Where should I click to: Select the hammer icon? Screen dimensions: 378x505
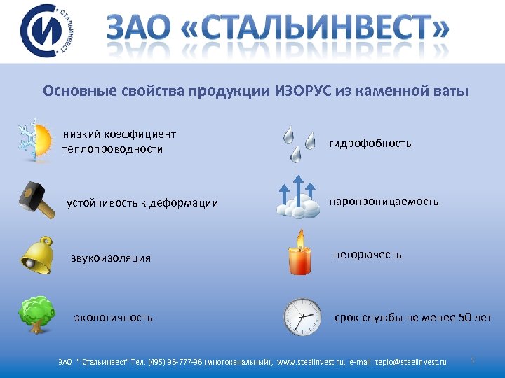[36, 200]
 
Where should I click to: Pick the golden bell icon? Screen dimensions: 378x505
[36, 255]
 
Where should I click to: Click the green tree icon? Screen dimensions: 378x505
[36, 314]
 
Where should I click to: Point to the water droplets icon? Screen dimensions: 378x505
[298, 143]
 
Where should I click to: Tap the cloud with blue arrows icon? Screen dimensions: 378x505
[299, 197]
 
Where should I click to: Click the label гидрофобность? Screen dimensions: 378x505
[370, 143]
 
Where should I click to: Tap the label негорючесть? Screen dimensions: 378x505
[368, 255]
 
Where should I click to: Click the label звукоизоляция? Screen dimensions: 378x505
[110, 258]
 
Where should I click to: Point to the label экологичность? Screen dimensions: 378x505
[114, 318]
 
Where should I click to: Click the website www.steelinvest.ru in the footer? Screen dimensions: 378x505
[311, 362]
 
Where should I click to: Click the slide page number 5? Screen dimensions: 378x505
[473, 360]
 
